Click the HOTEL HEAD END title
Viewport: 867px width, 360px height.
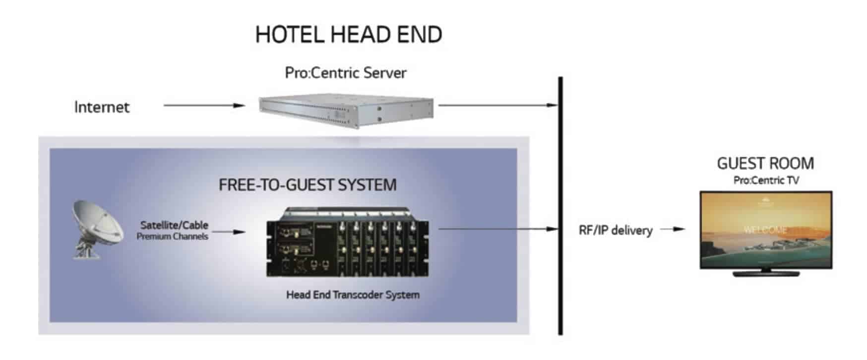348,35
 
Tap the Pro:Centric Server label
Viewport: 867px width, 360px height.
346,73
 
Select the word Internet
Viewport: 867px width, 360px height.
102,107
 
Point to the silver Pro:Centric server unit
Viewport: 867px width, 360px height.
346,111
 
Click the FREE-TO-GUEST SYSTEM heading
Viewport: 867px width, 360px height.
308,185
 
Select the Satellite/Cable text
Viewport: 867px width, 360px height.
174,225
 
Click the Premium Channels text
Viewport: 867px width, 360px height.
172,237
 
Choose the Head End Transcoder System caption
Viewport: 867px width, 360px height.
353,295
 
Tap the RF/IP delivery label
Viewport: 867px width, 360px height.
616,230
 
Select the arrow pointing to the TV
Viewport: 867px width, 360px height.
673,229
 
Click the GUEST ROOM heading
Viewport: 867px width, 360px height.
765,163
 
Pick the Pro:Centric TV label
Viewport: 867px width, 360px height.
766,180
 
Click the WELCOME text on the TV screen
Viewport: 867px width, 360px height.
765,230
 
